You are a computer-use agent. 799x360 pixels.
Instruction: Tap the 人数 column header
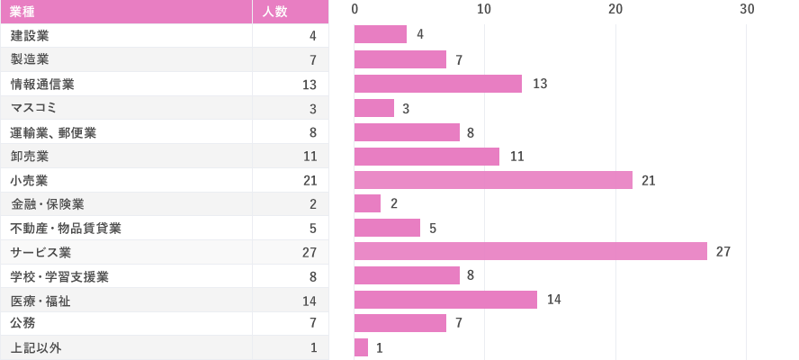[274, 12]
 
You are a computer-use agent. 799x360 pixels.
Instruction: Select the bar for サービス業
[531, 252]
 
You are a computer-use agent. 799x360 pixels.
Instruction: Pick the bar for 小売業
[493, 180]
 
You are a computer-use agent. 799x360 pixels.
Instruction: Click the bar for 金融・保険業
[367, 203]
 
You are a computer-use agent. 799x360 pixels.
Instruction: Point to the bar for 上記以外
[361, 347]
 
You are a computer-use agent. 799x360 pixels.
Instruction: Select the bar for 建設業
[381, 35]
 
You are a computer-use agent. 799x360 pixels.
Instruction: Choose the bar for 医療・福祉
[445, 300]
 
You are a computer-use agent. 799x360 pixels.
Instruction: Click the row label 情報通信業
[42, 84]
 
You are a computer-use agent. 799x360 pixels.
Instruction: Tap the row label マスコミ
[33, 108]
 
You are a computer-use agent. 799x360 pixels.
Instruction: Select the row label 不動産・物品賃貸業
[66, 228]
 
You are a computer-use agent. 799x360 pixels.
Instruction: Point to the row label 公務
[23, 323]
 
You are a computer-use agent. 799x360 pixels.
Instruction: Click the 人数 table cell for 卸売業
[310, 156]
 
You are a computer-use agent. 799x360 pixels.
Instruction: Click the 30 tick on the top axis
[746, 9]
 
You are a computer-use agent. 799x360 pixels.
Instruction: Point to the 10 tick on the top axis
[484, 9]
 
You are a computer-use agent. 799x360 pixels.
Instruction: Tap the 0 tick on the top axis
[355, 9]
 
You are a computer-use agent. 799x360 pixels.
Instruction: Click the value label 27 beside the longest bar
[723, 252]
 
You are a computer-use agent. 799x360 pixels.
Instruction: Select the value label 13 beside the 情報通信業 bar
[540, 84]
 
